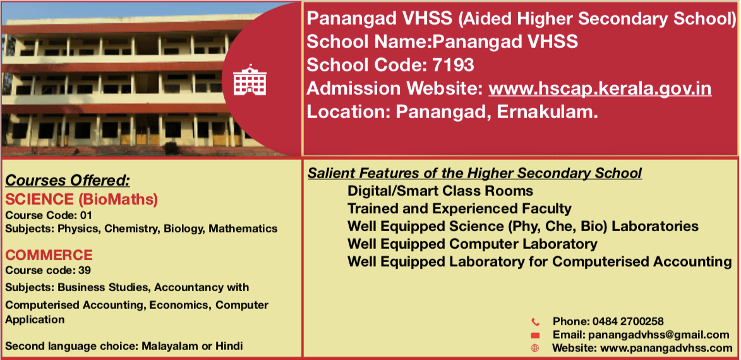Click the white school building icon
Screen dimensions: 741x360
[x=250, y=80]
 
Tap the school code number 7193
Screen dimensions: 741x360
[x=453, y=64]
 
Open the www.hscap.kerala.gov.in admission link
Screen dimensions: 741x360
[x=599, y=88]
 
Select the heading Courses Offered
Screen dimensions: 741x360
[x=67, y=181]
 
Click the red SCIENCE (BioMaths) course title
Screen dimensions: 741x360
[x=81, y=200]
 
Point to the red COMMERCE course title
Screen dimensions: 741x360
[x=49, y=255]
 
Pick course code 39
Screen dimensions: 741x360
[x=85, y=271]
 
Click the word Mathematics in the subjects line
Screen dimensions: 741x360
[x=243, y=229]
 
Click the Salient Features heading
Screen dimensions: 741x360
[x=475, y=174]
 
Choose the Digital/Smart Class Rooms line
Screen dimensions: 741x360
[x=440, y=191]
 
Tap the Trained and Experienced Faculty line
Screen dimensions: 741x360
[x=459, y=208]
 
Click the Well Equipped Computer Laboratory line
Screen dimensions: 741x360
[x=472, y=244]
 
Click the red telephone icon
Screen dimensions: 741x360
[x=535, y=322]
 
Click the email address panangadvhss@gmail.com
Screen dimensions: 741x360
[x=658, y=335]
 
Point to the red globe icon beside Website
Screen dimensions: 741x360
[x=535, y=348]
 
